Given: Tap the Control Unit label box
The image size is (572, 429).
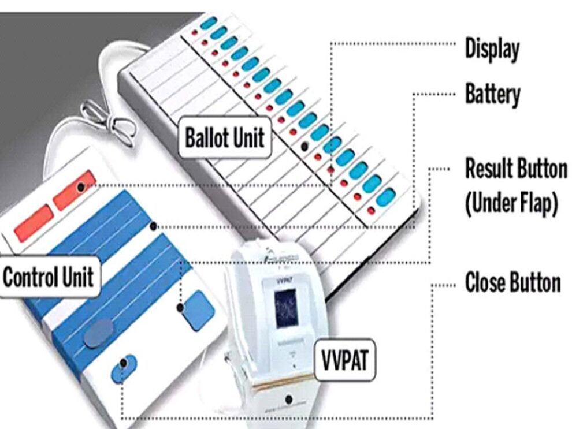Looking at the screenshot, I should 49,277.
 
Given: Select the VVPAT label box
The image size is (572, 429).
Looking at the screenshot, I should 344,361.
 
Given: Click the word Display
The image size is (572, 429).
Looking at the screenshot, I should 492,50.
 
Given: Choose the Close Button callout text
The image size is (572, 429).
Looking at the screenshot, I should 512,283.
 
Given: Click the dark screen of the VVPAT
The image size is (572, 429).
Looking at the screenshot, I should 286,308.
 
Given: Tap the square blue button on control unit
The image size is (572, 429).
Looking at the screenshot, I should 198,310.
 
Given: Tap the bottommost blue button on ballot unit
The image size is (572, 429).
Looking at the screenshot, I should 386,196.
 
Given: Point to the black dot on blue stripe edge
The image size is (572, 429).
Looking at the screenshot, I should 153,227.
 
